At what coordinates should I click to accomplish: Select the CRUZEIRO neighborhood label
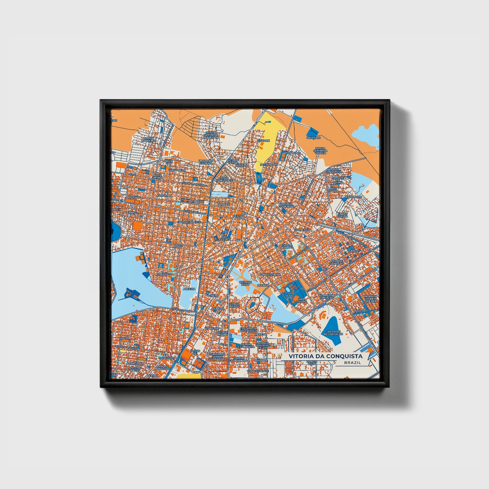pos(313,138)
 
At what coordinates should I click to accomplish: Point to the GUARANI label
pos(263,140)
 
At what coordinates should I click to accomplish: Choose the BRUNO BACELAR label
pos(149,139)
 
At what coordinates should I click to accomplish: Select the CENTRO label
pos(239,216)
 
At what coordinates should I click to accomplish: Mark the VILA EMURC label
pos(301,300)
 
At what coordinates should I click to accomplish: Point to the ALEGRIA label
pos(189,289)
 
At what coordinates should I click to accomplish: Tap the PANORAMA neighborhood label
pos(354,197)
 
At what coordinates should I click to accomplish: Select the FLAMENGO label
pos(302,229)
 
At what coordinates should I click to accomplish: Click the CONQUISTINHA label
pos(269,274)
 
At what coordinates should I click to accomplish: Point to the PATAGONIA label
pos(135,363)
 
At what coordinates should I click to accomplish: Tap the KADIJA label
pos(124,338)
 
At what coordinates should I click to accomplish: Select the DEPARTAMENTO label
pos(190,222)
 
